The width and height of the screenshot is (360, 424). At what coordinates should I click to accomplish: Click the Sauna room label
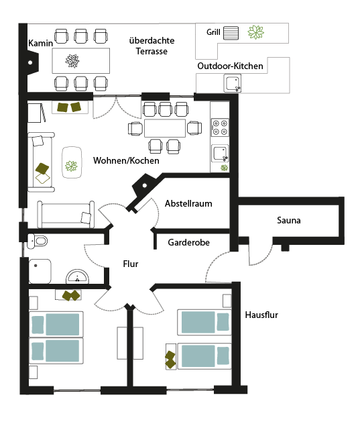(x=289, y=220)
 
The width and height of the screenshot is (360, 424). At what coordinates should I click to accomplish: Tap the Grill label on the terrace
(x=213, y=32)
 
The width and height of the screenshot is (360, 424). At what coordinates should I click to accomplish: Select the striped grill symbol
(x=231, y=33)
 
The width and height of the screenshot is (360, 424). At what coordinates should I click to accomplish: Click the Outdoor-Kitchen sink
(x=233, y=83)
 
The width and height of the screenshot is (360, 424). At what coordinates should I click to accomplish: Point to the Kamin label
(x=40, y=43)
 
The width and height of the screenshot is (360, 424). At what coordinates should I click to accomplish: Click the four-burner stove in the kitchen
(x=220, y=127)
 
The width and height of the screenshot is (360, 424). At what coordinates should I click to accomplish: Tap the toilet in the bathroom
(x=38, y=241)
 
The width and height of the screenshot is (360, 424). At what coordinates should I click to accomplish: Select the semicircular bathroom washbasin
(x=77, y=276)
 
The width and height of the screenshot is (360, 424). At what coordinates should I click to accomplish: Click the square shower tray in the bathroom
(x=40, y=271)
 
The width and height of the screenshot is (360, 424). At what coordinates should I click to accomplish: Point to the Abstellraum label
(x=188, y=203)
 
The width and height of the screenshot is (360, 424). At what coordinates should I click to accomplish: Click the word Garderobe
(x=188, y=242)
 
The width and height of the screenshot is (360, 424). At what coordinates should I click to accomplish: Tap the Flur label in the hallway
(x=131, y=264)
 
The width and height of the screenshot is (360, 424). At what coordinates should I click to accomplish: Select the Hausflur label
(x=261, y=315)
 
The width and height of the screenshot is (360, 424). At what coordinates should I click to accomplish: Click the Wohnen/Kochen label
(x=126, y=160)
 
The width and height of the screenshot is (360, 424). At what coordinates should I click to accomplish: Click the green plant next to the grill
(x=255, y=32)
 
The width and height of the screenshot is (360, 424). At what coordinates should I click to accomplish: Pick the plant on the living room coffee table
(x=71, y=166)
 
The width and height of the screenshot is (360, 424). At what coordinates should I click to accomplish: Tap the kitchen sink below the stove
(x=220, y=154)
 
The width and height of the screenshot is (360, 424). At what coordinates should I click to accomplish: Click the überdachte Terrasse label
(x=152, y=46)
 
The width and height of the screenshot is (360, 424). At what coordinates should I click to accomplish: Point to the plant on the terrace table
(x=72, y=61)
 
